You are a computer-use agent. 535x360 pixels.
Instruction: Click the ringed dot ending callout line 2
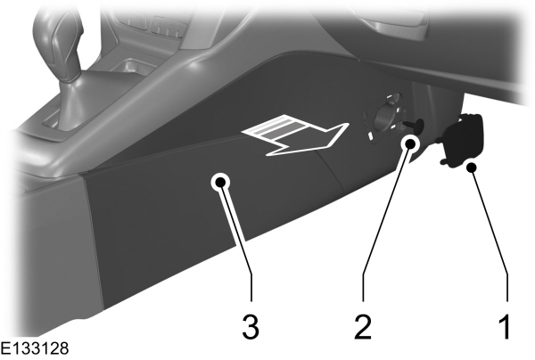pyautogui.click(x=410, y=143)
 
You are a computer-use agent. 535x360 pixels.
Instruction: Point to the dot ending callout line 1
pyautogui.click(x=473, y=166)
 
